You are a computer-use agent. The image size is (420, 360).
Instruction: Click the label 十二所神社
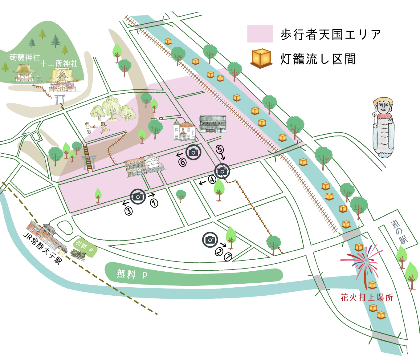[x=59, y=63]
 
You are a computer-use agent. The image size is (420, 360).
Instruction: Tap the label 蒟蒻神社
[x=25, y=57]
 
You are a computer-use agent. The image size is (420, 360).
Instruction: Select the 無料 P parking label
[x=132, y=274]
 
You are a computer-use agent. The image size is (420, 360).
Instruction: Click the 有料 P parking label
[x=85, y=246]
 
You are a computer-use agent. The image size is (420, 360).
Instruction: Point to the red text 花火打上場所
[x=367, y=297]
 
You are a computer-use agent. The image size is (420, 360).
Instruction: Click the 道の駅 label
[x=399, y=232]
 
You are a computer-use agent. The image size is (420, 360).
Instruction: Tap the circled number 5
[x=219, y=149]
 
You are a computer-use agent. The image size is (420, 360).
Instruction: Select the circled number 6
[x=183, y=162]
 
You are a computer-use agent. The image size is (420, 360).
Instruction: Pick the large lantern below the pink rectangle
[x=261, y=58]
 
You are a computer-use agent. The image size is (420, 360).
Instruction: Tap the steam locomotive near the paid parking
[x=78, y=255]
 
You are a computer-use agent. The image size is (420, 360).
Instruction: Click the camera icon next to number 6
[x=193, y=152]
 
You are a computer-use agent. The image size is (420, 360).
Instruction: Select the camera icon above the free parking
[x=210, y=240]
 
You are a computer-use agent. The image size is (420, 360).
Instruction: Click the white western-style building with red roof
[x=185, y=131]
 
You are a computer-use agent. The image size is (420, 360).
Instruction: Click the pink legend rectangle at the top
[x=260, y=34]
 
